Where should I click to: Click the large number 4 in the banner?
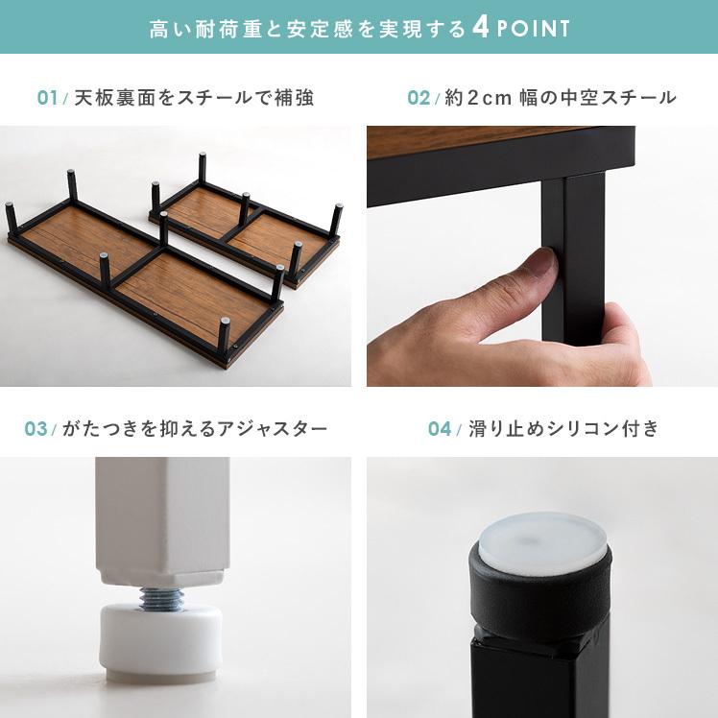click(x=481, y=28)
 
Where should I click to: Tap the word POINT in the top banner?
click(x=534, y=29)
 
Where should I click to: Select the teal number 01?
click(x=48, y=98)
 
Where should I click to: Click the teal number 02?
click(x=419, y=98)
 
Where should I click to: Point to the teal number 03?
click(x=36, y=429)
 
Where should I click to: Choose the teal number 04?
click(x=440, y=429)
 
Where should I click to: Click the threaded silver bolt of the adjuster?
click(x=161, y=598)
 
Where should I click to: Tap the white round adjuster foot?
click(x=160, y=641)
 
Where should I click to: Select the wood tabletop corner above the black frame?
click(x=476, y=139)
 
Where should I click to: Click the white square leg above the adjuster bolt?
click(x=162, y=521)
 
